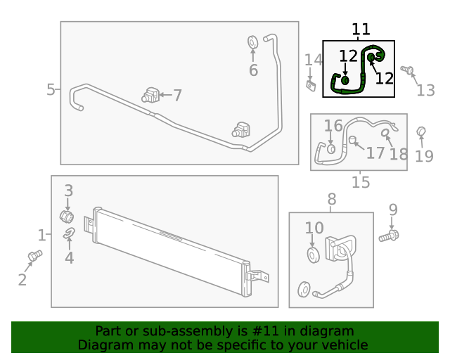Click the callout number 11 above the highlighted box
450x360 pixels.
361,30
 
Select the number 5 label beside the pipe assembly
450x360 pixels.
51,89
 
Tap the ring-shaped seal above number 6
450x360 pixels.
253,44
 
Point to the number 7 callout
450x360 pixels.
177,96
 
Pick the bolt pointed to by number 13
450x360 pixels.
406,70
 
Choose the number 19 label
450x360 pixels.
424,156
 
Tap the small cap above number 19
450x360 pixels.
422,131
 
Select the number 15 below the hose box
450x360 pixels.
360,182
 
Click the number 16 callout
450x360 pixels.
333,126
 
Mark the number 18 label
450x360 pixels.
398,155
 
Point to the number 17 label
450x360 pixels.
375,153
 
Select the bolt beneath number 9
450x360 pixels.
388,236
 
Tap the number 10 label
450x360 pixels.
314,228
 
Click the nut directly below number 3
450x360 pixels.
67,214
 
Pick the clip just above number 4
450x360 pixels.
69,234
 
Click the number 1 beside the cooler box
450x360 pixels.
41,236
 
